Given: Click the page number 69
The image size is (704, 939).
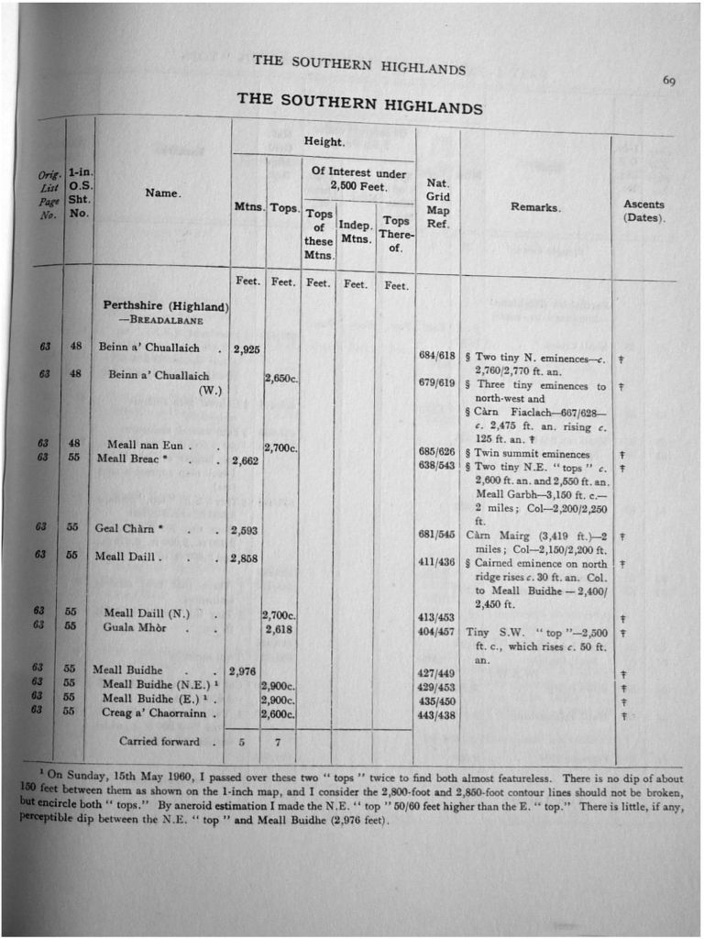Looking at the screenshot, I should (x=669, y=82).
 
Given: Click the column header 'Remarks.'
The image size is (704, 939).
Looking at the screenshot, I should (x=535, y=208).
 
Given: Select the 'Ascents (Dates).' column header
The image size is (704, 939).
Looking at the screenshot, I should (x=643, y=212).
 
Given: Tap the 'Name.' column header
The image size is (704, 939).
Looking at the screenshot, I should (x=163, y=193).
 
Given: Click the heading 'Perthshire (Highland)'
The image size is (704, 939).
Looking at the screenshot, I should (x=165, y=305).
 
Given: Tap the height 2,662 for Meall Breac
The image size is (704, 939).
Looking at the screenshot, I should (x=246, y=461).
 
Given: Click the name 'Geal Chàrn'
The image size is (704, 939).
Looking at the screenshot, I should (x=125, y=528).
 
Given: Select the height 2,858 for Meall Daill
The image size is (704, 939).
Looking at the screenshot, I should (x=246, y=558).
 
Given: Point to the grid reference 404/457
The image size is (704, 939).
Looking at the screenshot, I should (x=436, y=633).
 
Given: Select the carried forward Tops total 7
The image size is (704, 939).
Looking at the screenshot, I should (x=278, y=742).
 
